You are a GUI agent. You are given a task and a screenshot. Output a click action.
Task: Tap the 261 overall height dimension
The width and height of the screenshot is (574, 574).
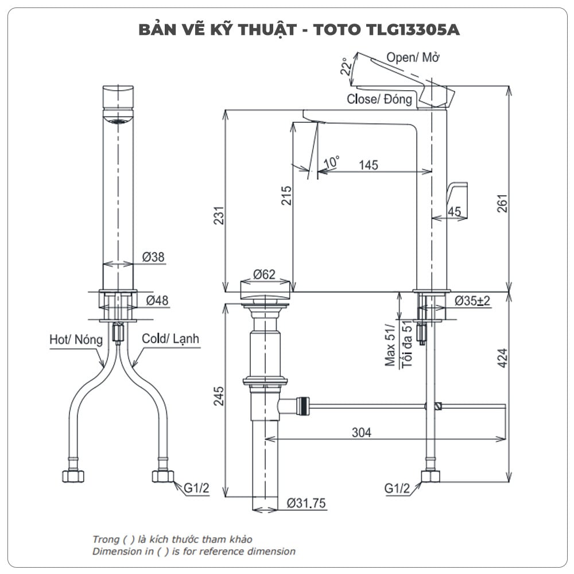click(502, 204)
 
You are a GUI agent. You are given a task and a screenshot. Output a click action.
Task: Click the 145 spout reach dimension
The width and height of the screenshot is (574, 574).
click(369, 165)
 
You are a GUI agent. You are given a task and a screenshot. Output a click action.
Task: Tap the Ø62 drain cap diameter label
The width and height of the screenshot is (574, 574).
click(265, 274)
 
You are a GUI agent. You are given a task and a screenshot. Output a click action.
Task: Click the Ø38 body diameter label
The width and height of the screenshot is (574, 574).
click(153, 257)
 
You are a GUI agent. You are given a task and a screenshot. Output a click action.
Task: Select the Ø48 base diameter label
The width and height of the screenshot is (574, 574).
click(157, 300)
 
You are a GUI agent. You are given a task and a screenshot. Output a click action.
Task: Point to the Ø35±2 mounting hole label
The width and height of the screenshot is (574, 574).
click(472, 300)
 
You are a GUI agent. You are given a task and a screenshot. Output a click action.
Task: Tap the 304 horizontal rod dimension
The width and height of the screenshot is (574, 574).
click(361, 432)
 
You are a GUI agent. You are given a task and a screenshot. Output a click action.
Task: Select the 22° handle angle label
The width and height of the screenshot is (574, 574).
click(345, 66)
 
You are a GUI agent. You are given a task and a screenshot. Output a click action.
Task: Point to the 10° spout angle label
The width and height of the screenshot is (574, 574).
click(332, 162)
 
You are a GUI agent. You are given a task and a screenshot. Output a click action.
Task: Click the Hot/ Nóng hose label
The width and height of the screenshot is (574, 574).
click(76, 340)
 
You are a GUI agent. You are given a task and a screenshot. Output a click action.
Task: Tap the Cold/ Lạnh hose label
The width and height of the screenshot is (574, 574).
click(170, 339)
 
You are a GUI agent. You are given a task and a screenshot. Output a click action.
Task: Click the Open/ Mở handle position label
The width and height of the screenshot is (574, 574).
click(413, 57)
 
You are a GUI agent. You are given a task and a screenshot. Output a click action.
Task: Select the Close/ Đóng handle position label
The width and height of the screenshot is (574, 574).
click(379, 99)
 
